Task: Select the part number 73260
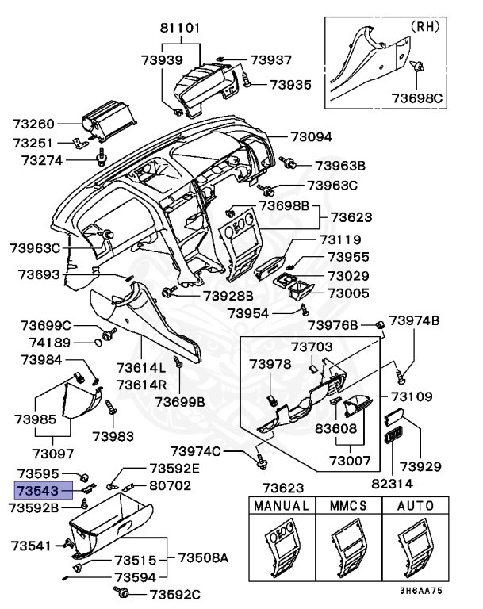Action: tap(35, 124)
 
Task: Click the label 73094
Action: tap(311, 136)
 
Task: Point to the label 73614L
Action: tap(141, 368)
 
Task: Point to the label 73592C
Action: tap(175, 594)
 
